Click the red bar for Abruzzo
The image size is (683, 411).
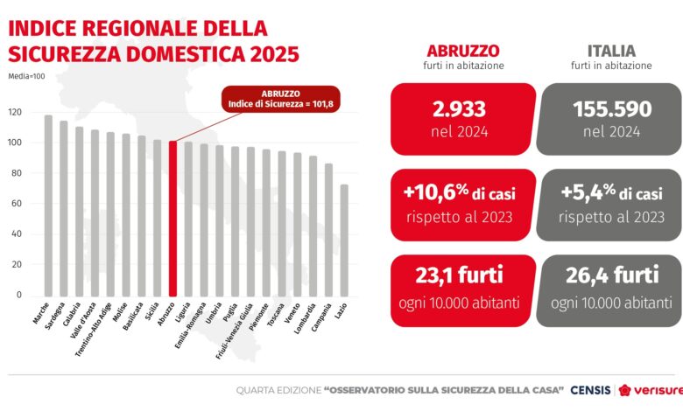[173, 219]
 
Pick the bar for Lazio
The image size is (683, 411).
[344, 240]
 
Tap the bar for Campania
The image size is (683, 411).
[328, 230]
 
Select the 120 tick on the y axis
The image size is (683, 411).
[15, 113]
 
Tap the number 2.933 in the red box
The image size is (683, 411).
[460, 109]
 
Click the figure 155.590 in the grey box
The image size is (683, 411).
[612, 109]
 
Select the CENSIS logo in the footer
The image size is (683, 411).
[590, 389]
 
